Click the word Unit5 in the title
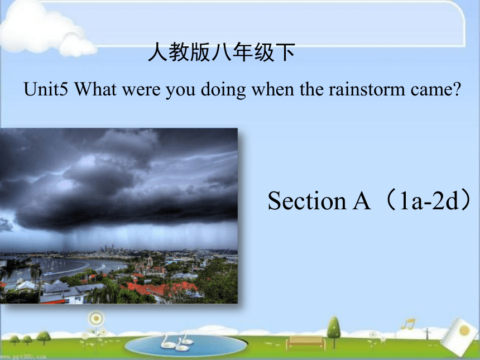pyautogui.click(x=46, y=89)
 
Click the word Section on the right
pyautogui.click(x=307, y=201)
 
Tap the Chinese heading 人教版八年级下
pyautogui.click(x=222, y=52)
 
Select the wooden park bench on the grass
pyautogui.click(x=305, y=343)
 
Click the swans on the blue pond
pyautogui.click(x=177, y=342)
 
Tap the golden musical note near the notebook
pyautogui.click(x=409, y=324)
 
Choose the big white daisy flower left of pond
pyautogui.click(x=96, y=319)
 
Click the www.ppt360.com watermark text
pyautogui.click(x=23, y=357)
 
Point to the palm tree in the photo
pyautogui.click(x=36, y=272)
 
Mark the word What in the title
pyautogui.click(x=95, y=89)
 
